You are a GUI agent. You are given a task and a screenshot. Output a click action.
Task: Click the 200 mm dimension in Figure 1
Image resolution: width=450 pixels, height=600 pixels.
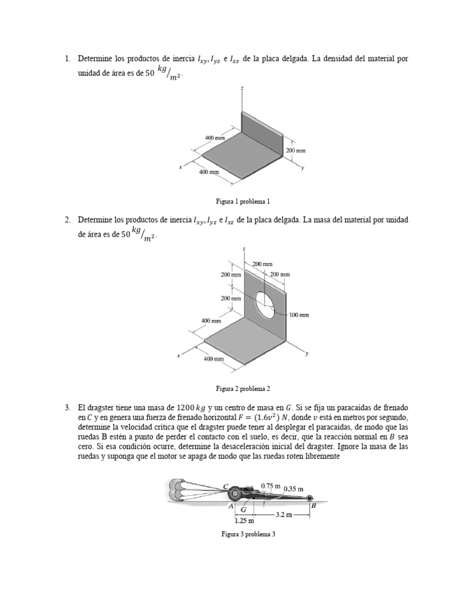295,150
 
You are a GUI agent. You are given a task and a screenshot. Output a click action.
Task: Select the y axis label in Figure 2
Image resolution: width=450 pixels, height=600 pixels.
307,354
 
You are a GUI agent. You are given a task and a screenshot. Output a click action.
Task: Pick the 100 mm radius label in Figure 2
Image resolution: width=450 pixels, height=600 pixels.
298,315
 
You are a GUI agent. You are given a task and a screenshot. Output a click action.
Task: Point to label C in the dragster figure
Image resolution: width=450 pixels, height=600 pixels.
226,486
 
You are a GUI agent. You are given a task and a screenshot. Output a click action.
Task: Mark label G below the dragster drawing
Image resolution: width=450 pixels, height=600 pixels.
243,510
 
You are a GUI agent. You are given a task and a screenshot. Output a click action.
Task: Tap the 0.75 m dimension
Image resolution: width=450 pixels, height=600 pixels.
271,486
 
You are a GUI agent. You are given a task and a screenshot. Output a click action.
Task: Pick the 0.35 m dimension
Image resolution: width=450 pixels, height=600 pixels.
293,488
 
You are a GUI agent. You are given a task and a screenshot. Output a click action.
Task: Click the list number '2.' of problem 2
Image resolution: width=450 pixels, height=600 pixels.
68,220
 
